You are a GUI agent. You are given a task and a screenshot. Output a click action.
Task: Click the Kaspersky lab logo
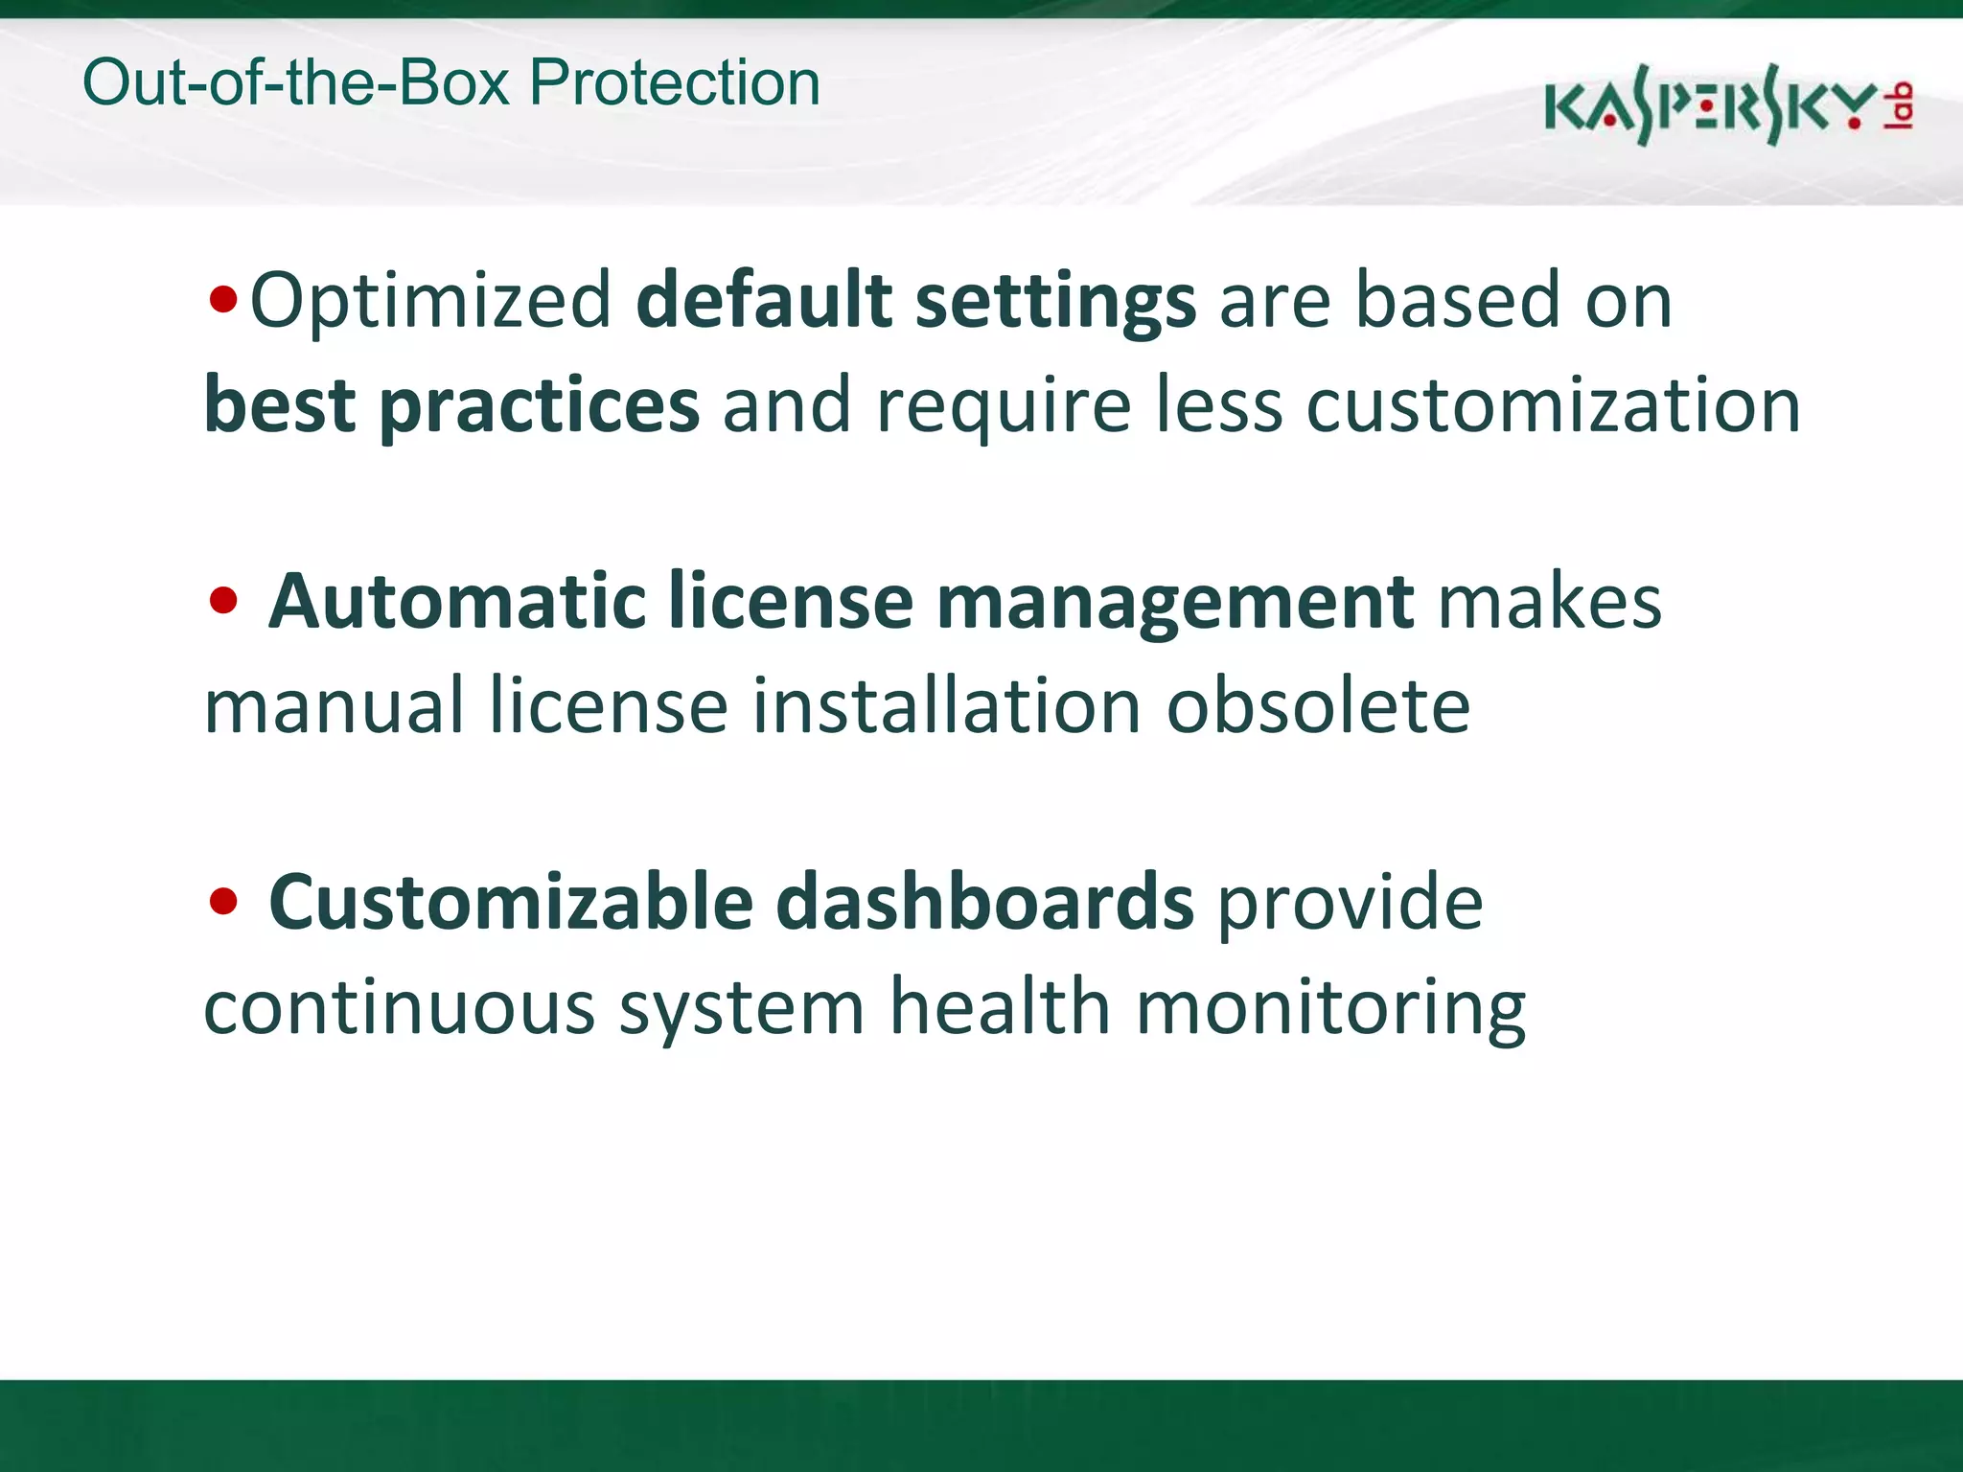tap(1728, 105)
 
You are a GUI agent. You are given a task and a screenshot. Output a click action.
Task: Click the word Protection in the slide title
tap(675, 82)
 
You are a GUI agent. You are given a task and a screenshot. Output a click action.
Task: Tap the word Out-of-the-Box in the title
tap(296, 82)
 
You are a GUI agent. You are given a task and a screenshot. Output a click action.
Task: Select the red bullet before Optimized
tap(222, 301)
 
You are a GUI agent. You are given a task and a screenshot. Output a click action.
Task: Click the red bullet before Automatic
tap(222, 602)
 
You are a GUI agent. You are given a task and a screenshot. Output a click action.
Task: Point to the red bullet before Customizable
tap(222, 902)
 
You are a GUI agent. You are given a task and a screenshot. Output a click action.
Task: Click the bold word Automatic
tap(457, 602)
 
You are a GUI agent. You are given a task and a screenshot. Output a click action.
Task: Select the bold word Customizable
tap(511, 902)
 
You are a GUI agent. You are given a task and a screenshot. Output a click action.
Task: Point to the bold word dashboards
tap(984, 902)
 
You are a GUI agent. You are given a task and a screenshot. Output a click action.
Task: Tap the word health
tap(1000, 1006)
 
